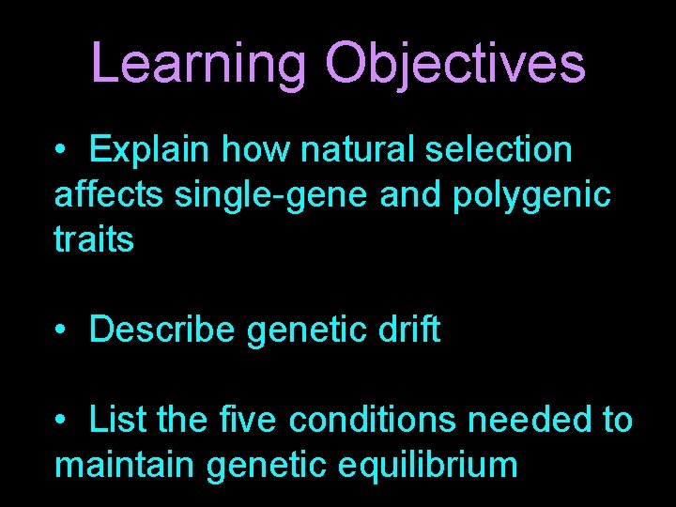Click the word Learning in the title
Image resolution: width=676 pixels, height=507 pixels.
(x=200, y=63)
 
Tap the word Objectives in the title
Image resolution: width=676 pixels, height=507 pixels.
(x=454, y=63)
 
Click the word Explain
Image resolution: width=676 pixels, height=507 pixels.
(x=149, y=149)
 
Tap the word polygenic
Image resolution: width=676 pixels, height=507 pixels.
(x=531, y=196)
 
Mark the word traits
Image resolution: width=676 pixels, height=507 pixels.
(x=94, y=239)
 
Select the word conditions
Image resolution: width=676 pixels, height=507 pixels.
(x=373, y=420)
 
